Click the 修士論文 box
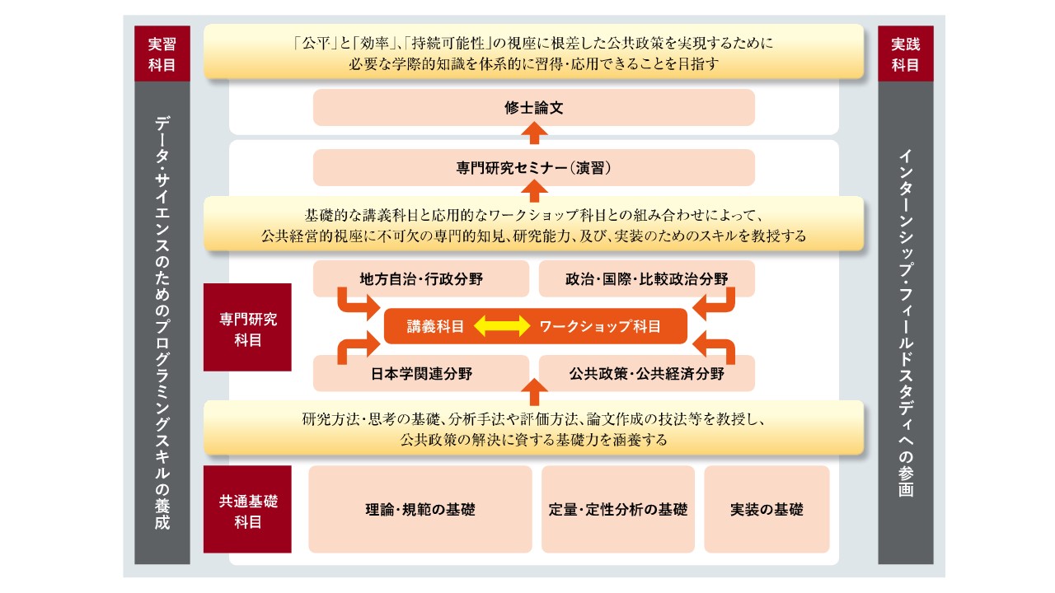533,108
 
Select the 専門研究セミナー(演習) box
533,167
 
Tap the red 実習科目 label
162,54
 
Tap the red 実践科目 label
905,54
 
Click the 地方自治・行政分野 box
421,278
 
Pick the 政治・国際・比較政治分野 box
647,278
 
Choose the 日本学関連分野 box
421,374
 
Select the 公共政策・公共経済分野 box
647,374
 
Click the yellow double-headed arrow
502,326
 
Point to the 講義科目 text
435,326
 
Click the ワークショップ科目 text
599,326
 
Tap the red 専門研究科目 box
247,327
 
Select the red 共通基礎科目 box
247,509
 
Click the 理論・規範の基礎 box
420,509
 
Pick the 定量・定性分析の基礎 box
618,509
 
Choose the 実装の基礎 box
767,509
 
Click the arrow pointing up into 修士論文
534,133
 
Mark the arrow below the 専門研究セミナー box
534,191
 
